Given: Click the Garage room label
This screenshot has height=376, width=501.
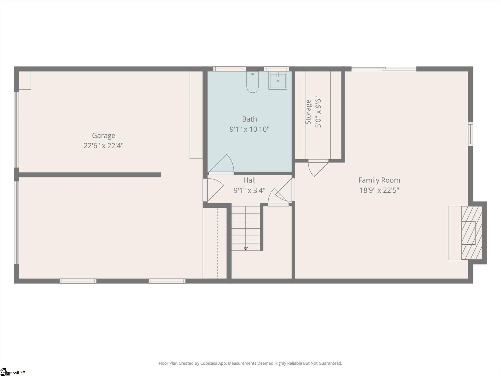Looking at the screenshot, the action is point(103,136).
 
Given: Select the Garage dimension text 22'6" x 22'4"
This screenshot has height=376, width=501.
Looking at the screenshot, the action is point(103,146).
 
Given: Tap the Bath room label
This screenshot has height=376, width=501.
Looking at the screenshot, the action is point(249,119).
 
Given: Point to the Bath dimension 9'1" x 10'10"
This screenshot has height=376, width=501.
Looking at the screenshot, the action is point(249,129).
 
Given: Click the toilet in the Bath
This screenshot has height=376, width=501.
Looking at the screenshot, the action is point(252,82).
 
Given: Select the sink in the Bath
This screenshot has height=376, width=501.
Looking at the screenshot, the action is point(278,80).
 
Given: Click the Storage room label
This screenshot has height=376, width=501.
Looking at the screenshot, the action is point(308,112).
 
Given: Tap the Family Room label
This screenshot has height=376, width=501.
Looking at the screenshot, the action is point(379,180).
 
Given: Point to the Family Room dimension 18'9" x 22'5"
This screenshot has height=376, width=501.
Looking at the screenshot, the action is point(379,190).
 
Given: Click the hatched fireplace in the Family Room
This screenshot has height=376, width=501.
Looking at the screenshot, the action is point(471,233).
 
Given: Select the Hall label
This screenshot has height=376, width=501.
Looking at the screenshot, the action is point(249,180).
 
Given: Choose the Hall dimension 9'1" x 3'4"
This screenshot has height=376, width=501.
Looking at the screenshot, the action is point(249,190).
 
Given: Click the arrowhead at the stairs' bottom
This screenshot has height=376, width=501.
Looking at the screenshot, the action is point(246,249).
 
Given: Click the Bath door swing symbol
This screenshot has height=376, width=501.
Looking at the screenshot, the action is point(221,164).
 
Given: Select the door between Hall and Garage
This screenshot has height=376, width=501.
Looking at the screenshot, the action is point(213,190).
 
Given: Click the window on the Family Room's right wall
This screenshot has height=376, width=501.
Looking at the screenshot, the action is point(471,134).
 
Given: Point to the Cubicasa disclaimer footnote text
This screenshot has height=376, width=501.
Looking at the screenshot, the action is point(250,363).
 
